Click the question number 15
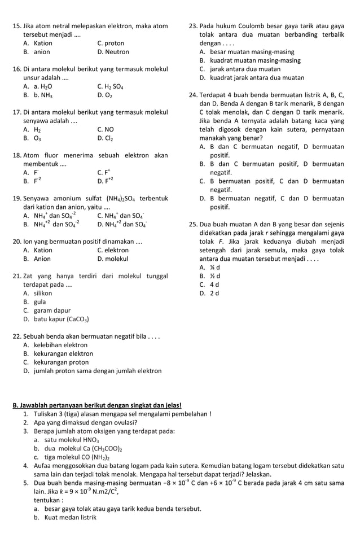coord(16,26)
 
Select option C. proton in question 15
coord(110,43)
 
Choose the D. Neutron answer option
coord(113,52)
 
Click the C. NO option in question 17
coord(106,129)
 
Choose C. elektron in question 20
coord(112,250)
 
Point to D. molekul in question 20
coord(112,259)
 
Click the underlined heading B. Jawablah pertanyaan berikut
coord(93,405)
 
